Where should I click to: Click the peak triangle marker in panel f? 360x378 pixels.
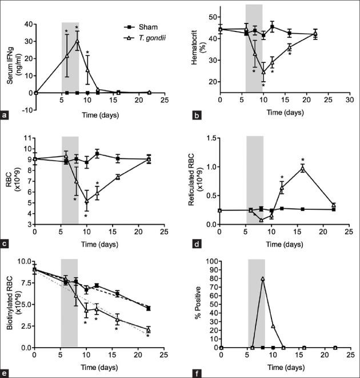(x=262, y=279)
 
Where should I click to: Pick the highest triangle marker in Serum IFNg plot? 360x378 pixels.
(x=77, y=41)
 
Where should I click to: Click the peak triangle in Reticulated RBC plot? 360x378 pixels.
(x=303, y=169)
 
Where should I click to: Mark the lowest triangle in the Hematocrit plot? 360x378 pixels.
(x=263, y=72)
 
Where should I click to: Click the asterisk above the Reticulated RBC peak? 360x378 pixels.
(x=303, y=160)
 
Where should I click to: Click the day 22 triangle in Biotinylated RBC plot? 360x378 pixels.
(x=149, y=330)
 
